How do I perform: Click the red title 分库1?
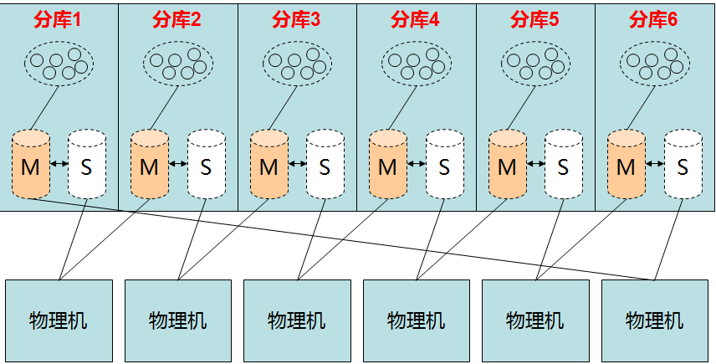click(x=59, y=19)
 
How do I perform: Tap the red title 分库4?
click(x=417, y=19)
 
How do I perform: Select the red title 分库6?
click(x=655, y=19)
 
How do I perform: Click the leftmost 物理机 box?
click(x=59, y=320)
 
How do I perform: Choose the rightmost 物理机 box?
click(x=655, y=320)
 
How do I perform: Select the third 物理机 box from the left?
click(x=297, y=320)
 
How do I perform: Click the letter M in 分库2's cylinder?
click(x=150, y=167)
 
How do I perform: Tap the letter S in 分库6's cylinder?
click(x=683, y=167)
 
